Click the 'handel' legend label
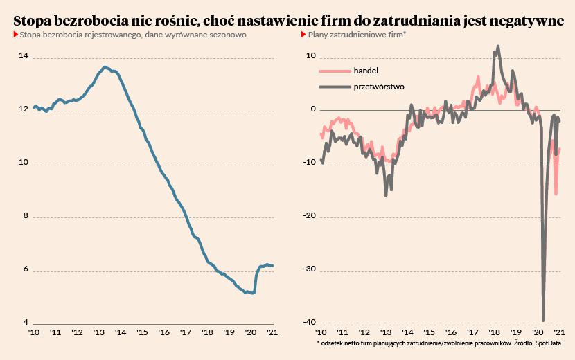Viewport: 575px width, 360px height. pos(366,71)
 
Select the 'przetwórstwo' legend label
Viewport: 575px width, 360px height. pos(379,87)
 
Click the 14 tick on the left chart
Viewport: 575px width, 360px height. pos(24,57)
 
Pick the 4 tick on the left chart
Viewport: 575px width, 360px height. pos(25,323)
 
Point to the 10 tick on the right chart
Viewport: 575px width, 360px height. pos(311,57)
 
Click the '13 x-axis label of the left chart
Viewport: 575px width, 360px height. pos(98,333)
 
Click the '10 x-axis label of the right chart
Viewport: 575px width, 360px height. pos(323,333)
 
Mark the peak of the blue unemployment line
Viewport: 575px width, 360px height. pos(104,67)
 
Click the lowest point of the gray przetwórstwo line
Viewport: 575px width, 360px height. pos(543,320)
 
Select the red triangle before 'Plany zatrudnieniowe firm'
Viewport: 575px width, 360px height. pos(303,34)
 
